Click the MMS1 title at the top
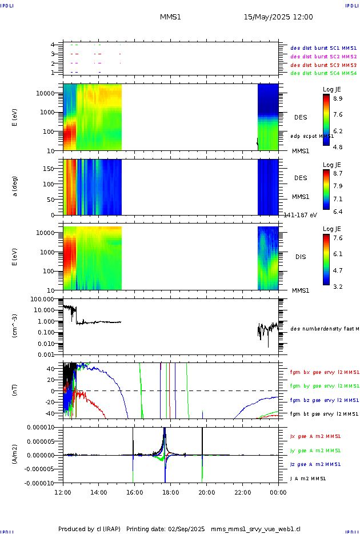click(170, 17)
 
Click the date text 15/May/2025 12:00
click(278, 17)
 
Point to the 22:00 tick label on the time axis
click(242, 492)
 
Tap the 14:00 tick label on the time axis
click(99, 492)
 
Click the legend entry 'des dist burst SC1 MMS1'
click(323, 48)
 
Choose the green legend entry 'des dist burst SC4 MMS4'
click(323, 73)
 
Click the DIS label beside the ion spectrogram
click(301, 257)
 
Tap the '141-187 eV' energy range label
click(301, 214)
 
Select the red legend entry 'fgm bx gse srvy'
click(323, 372)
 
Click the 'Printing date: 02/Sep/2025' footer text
click(166, 529)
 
